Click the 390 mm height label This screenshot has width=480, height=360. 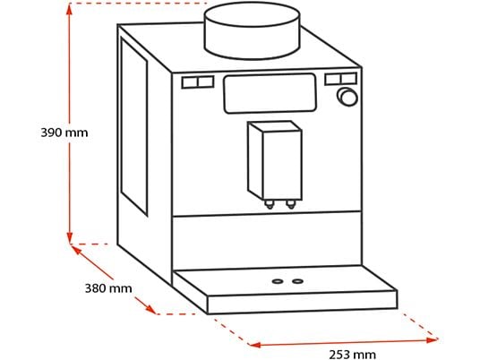tap(64, 133)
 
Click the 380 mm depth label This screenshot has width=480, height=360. tap(108, 288)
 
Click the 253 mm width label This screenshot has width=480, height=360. tap(352, 355)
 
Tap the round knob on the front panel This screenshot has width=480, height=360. tap(347, 97)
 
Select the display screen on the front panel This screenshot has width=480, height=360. tap(270, 93)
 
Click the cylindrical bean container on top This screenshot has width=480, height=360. tap(252, 30)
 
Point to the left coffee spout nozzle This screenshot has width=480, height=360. tap(269, 204)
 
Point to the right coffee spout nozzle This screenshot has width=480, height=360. tap(291, 204)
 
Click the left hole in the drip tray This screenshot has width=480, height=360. tap(278, 281)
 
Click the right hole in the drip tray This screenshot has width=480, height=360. tap(297, 281)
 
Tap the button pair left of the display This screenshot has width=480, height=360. tap(198, 82)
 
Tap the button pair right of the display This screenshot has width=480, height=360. tap(341, 79)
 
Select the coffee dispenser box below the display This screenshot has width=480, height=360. tap(275, 161)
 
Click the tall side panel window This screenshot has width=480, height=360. tap(134, 125)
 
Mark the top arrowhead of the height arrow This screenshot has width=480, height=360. tap(70, 10)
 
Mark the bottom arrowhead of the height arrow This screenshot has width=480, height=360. tap(70, 236)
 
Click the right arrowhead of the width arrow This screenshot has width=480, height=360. tap(432, 339)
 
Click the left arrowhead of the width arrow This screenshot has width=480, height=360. tap(254, 345)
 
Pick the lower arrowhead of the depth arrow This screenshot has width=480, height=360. tap(150, 309)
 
